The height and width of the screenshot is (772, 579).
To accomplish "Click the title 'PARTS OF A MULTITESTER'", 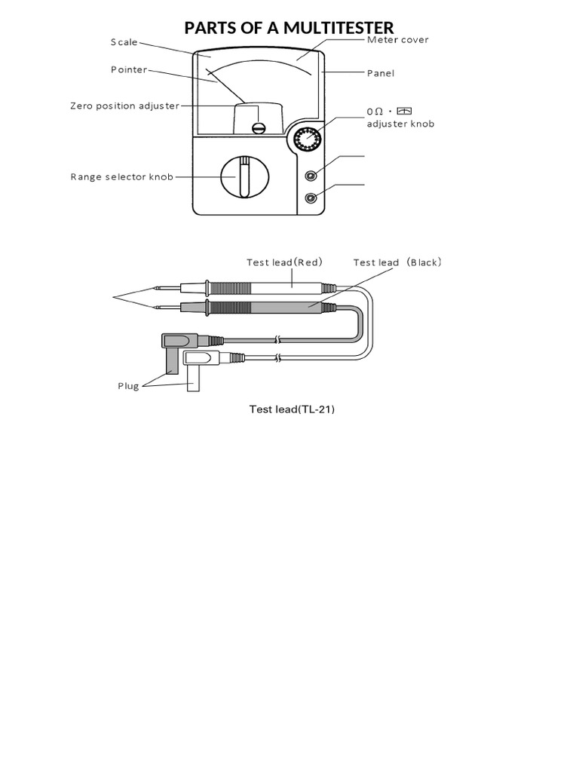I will [289, 29].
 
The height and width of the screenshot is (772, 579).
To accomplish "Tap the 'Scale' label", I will [124, 42].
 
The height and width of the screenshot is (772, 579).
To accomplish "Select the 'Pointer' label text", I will [129, 70].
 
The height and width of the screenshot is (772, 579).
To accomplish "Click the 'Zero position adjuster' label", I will [125, 106].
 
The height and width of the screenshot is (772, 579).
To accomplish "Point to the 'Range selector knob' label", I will [122, 177].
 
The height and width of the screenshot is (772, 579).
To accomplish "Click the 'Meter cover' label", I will [397, 39].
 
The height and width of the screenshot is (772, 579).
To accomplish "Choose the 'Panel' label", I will [381, 73].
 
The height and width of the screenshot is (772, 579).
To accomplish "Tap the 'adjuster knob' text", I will [400, 124].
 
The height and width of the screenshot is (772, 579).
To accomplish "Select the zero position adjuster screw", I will [259, 127].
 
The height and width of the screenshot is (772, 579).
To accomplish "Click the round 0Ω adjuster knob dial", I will [307, 140].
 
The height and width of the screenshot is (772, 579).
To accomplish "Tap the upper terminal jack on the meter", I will [310, 175].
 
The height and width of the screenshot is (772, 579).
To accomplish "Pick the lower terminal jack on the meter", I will [310, 198].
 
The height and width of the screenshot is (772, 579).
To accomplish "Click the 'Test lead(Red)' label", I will [284, 262].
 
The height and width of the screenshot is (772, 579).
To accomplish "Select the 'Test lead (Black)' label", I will [397, 262].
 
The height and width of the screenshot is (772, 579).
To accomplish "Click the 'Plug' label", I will [128, 386].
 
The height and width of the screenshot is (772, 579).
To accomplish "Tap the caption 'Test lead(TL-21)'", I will [292, 409].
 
